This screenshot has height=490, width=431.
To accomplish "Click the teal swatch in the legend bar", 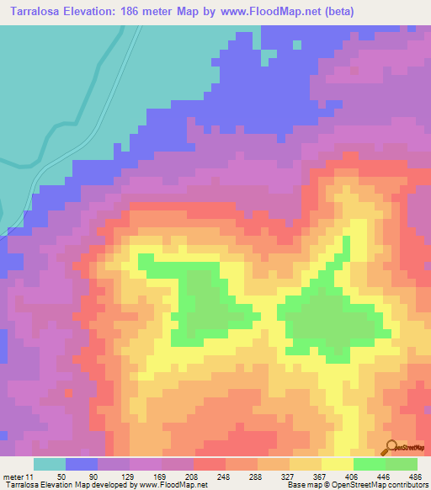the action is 50,464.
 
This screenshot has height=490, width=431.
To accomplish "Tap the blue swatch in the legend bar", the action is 82,464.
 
